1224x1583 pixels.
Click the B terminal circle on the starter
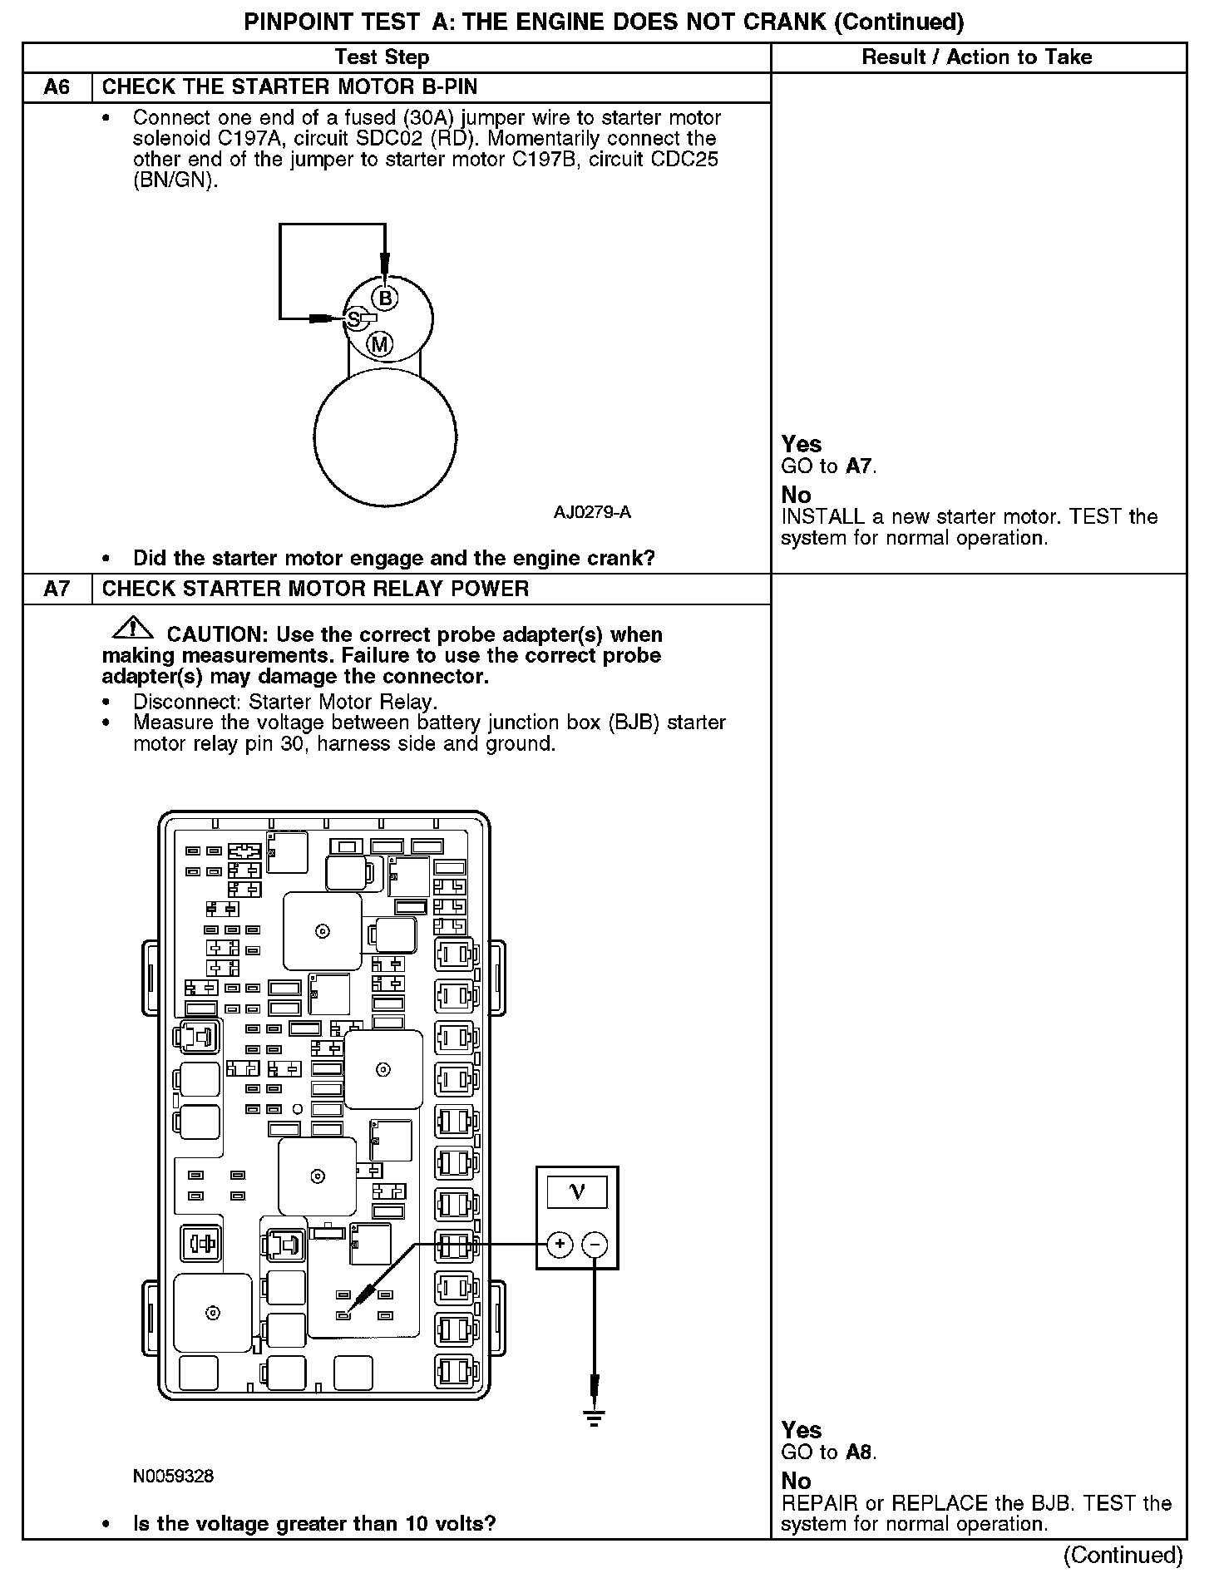click(x=384, y=298)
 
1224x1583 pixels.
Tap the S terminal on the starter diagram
click(x=354, y=318)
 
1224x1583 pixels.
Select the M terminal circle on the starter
click(x=380, y=343)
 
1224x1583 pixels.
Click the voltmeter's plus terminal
click(x=560, y=1245)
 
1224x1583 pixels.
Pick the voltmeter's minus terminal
click(x=595, y=1245)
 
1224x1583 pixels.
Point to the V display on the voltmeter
click(x=577, y=1192)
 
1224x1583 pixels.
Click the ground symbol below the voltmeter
click(x=594, y=1418)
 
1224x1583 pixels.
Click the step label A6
click(x=57, y=87)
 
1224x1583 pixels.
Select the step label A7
click(x=57, y=589)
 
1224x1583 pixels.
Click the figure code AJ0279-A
click(x=592, y=512)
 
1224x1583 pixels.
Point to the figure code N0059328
click(x=173, y=1477)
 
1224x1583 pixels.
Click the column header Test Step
click(x=382, y=57)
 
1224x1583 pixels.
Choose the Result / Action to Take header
click(x=977, y=57)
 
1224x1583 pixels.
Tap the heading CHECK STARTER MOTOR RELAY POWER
click(x=315, y=589)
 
